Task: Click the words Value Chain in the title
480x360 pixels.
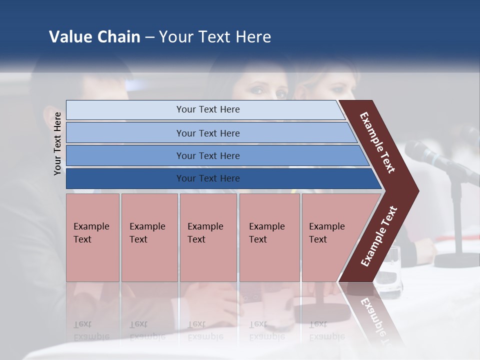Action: click(94, 37)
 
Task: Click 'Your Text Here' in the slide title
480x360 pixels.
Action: click(215, 37)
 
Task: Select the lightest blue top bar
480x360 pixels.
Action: click(207, 109)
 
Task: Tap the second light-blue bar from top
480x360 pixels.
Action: click(207, 133)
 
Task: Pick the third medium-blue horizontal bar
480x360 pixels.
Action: click(207, 155)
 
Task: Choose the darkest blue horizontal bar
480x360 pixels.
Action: click(207, 178)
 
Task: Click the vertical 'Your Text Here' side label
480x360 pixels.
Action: click(57, 143)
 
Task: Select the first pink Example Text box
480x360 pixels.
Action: click(92, 237)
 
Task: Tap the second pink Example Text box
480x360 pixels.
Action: click(149, 237)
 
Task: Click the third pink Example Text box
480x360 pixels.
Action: click(208, 237)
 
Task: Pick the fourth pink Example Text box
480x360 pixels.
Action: click(269, 237)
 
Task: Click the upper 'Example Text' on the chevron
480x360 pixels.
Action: click(377, 142)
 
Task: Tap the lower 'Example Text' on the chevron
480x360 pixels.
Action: click(379, 236)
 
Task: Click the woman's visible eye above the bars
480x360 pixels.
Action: click(258, 90)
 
